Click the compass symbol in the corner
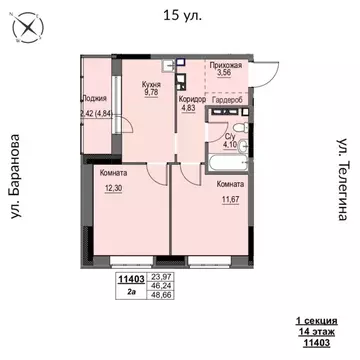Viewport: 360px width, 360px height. pos(28,30)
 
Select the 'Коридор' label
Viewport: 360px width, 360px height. pos(193,101)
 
